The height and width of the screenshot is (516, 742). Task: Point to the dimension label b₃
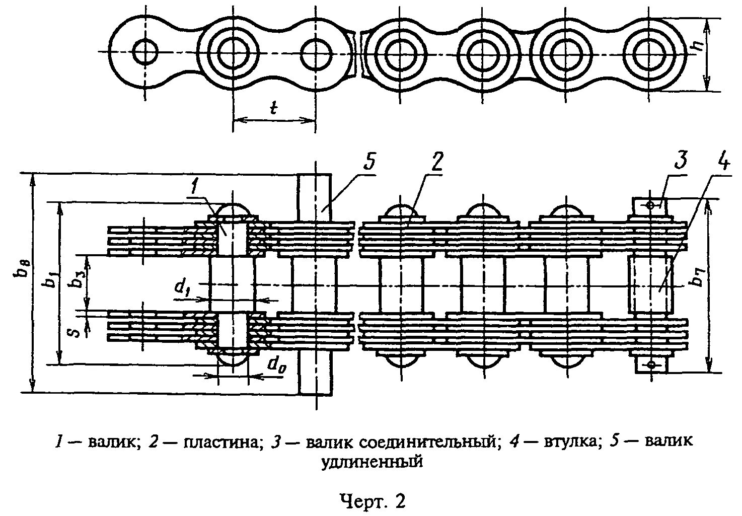(x=77, y=280)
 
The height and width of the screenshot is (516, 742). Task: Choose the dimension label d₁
(x=182, y=287)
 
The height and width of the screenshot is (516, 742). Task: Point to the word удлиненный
(x=371, y=461)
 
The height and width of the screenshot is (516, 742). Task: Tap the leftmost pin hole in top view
(x=145, y=51)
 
